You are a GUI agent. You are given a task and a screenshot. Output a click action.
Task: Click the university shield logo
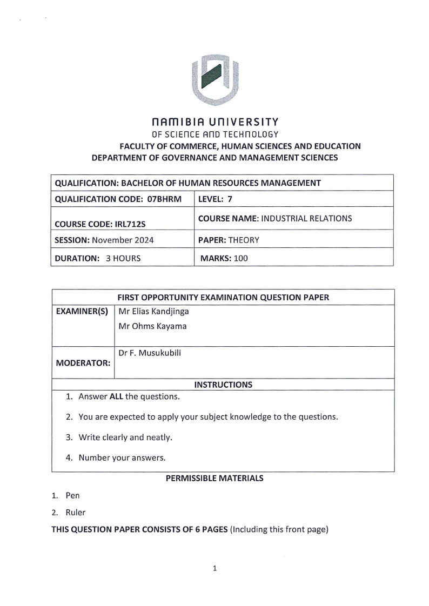(x=215, y=80)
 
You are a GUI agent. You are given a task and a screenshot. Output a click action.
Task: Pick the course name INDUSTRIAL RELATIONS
(x=307, y=218)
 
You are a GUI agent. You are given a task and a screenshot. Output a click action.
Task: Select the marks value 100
(x=240, y=258)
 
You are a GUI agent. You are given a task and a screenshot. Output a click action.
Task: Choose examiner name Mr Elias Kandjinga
(x=153, y=312)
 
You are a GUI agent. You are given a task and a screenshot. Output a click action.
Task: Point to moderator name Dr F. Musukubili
(x=150, y=353)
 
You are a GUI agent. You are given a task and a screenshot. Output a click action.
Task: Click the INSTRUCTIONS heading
(x=223, y=385)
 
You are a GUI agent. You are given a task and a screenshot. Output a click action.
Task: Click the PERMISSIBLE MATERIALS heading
(x=215, y=479)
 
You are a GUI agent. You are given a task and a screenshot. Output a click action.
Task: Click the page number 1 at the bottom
(x=215, y=568)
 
